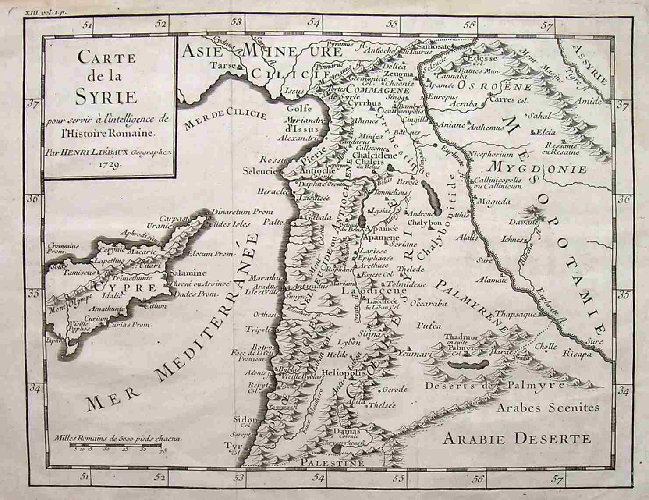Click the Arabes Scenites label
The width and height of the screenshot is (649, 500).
[547, 408]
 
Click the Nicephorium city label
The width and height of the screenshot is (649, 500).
[491, 155]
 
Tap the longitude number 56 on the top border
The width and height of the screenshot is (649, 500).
[469, 25]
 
